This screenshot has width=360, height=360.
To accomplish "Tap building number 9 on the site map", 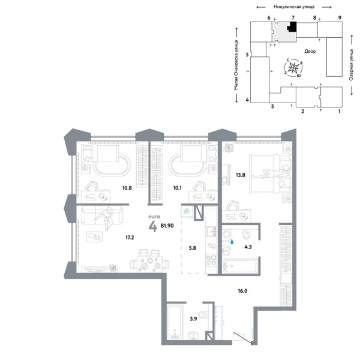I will point(339,19).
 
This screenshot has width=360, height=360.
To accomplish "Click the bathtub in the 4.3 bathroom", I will point(238,264).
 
